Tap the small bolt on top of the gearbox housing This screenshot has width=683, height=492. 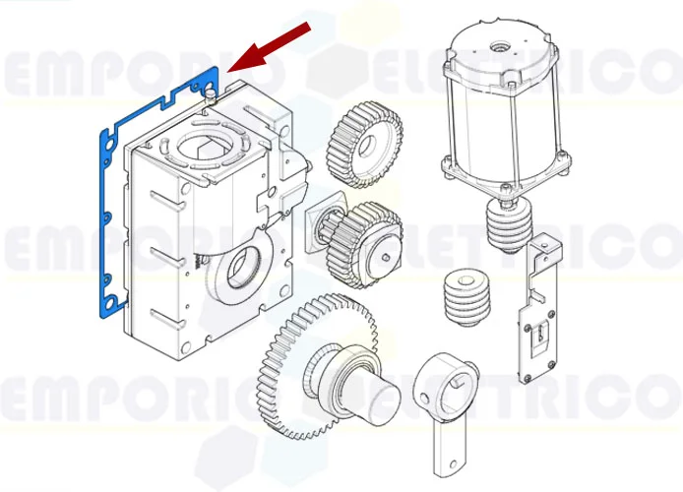[210, 93]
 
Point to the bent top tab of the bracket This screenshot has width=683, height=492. [542, 245]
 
